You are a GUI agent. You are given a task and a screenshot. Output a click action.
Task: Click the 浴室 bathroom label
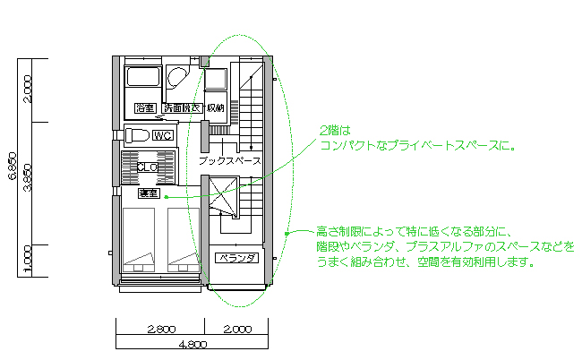click(x=144, y=108)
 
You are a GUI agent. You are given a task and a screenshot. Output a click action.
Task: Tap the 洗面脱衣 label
click(x=182, y=108)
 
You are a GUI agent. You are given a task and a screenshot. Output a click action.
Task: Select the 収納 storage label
click(x=216, y=108)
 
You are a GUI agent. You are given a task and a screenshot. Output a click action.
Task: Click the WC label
click(x=162, y=136)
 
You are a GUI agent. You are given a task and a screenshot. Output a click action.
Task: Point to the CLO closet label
click(x=148, y=167)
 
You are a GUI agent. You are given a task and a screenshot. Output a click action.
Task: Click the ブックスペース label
click(x=229, y=162)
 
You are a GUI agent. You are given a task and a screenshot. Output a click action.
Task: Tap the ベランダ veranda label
click(x=237, y=259)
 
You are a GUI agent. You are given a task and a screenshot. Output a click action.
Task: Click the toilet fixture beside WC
click(x=137, y=135)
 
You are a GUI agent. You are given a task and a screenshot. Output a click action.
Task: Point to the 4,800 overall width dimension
click(x=193, y=344)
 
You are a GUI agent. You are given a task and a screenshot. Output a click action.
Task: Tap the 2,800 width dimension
click(x=160, y=329)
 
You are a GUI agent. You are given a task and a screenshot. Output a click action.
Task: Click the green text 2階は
click(x=331, y=130)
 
